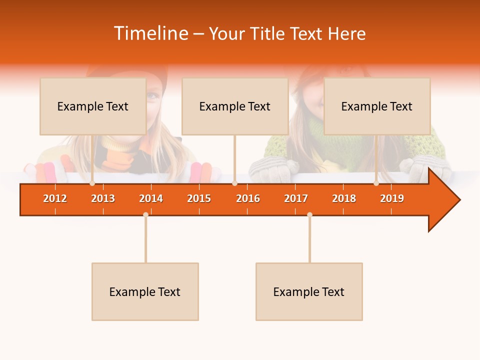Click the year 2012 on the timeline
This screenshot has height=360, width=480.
click(x=55, y=198)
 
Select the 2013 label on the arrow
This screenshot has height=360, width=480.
click(x=103, y=198)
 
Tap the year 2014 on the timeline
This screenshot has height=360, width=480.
click(x=151, y=198)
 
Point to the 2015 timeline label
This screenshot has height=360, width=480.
click(x=199, y=198)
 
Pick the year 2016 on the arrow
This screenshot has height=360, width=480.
click(x=248, y=198)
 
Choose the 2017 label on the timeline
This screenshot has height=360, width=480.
click(x=296, y=198)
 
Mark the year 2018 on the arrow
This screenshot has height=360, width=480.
click(x=344, y=198)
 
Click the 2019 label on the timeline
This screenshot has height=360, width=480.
click(x=392, y=198)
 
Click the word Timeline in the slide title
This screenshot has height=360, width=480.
click(x=150, y=33)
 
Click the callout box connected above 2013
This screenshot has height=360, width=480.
click(x=93, y=106)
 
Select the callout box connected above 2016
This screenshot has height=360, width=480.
click(x=235, y=106)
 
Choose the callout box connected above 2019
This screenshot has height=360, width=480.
click(x=377, y=106)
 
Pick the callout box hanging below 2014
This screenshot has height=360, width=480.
click(x=145, y=291)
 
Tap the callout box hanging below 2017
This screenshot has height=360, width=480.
click(x=309, y=291)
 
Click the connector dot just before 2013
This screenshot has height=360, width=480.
click(x=92, y=183)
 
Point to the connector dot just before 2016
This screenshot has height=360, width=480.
click(x=234, y=183)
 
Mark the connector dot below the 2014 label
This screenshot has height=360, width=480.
click(x=145, y=214)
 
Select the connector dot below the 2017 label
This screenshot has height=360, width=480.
click(x=309, y=214)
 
